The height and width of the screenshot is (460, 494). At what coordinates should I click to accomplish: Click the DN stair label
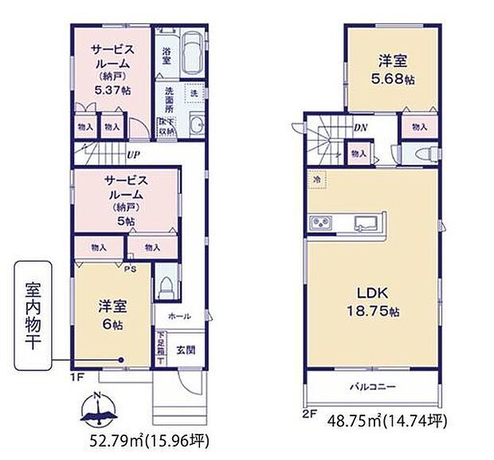point(361,127)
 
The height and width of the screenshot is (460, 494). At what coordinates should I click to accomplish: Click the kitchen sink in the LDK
point(367,220)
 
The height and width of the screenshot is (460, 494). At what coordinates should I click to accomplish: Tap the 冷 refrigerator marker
point(316,180)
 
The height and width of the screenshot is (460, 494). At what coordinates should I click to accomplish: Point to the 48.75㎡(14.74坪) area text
point(388,420)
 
